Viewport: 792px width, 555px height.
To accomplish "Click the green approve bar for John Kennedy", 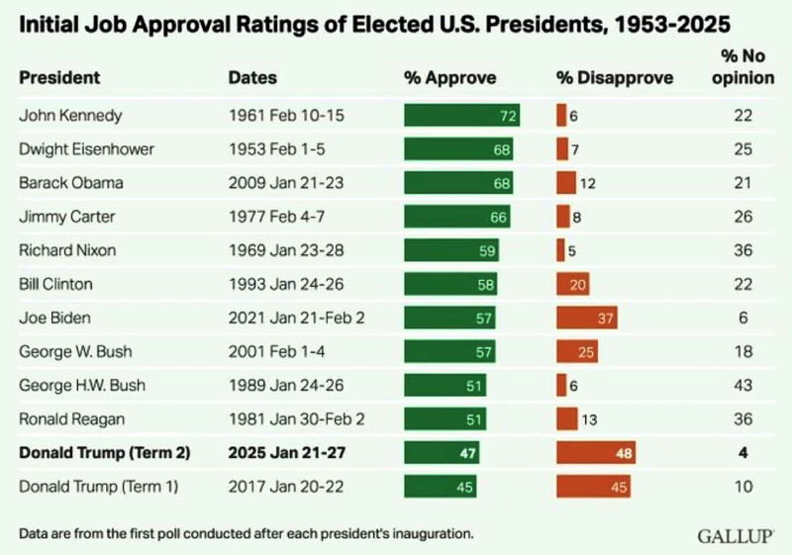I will [x=462, y=116].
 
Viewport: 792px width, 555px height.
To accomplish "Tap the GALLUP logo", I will [x=736, y=535].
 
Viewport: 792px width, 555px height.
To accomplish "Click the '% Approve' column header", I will [x=450, y=77].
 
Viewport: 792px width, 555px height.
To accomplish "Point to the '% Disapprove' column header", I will [x=614, y=77].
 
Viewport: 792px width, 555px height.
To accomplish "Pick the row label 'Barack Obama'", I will [x=65, y=183].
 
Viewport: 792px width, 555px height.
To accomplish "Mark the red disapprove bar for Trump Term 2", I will [x=595, y=453].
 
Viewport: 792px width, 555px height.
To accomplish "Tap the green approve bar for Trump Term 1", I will [x=440, y=487].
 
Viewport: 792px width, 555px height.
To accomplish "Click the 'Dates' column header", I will [x=252, y=77].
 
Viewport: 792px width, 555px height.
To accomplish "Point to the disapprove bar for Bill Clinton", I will [x=573, y=284].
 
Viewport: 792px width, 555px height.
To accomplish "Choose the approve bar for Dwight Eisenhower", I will [x=459, y=149].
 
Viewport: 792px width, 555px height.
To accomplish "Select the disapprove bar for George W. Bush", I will [x=577, y=351].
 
